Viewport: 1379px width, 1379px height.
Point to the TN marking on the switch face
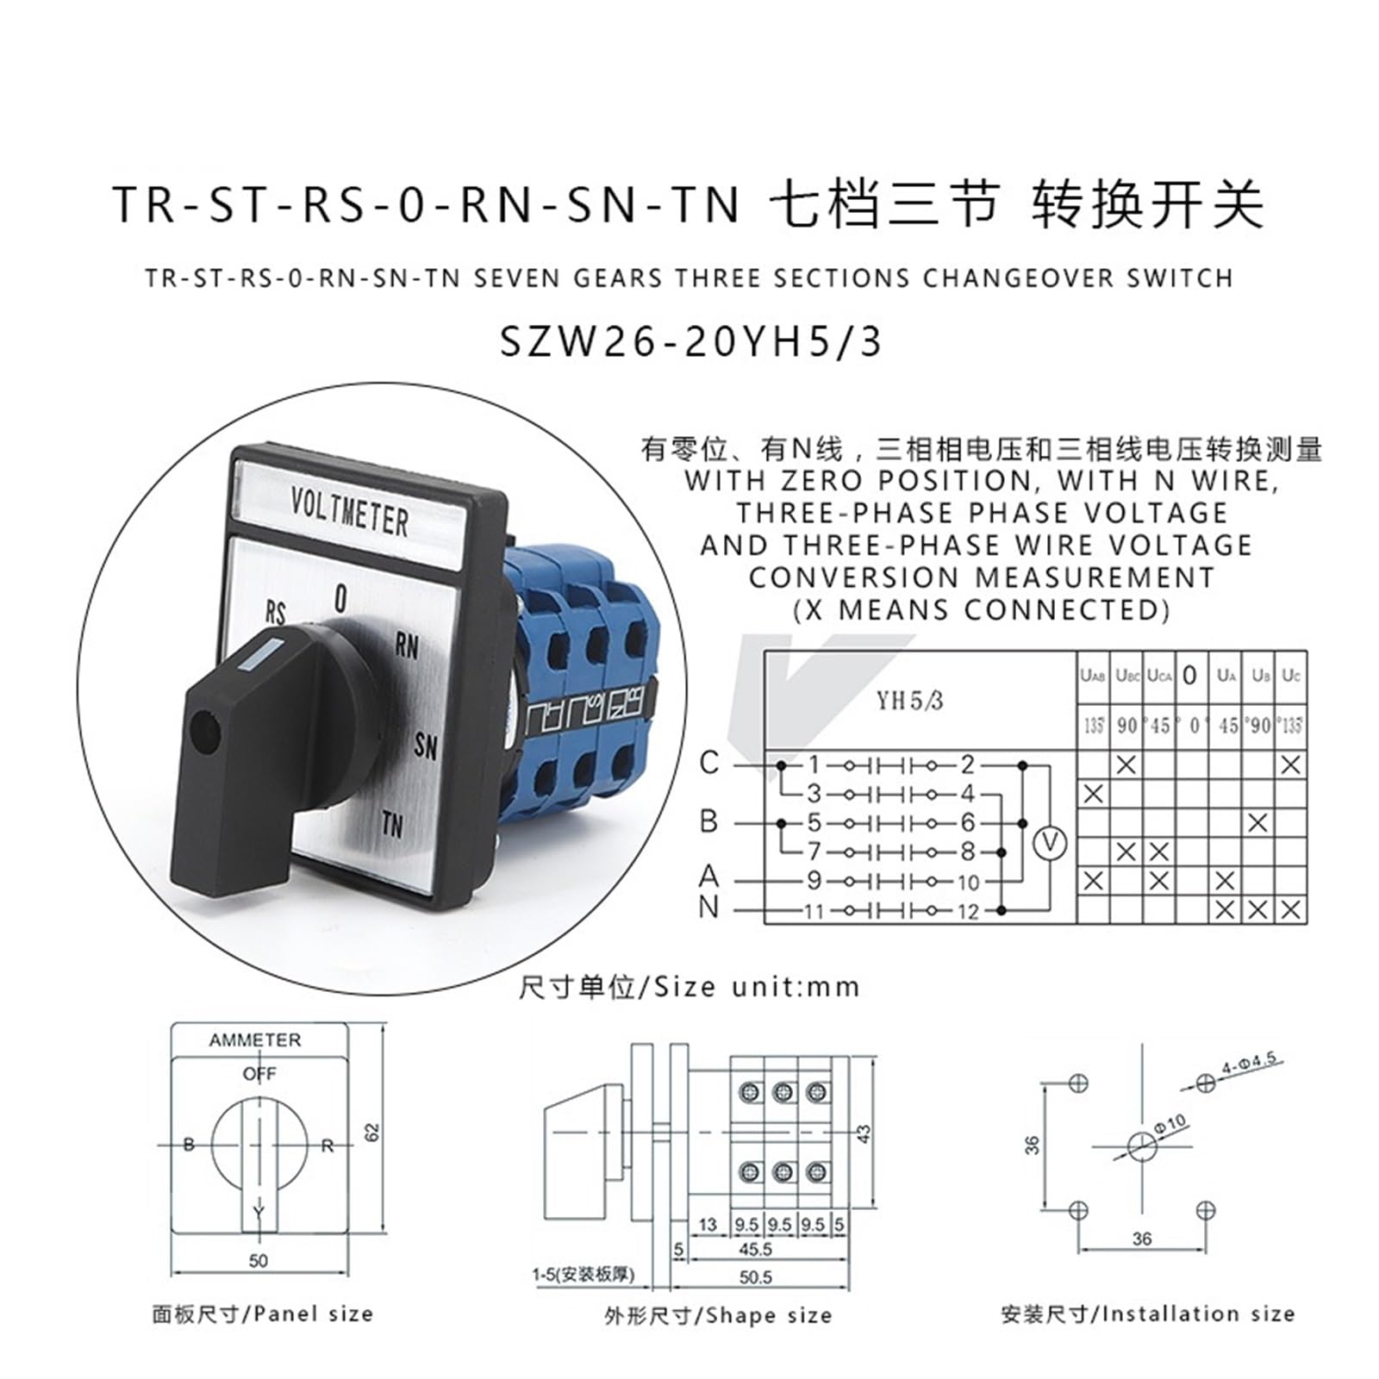[x=392, y=825]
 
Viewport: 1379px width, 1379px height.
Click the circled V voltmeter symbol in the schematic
[x=1050, y=843]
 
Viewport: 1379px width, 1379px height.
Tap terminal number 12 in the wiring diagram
[x=968, y=910]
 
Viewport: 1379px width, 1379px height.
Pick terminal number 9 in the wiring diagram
[x=814, y=881]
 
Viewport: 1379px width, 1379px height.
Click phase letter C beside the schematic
[x=708, y=763]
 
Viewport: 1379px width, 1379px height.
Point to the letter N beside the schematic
[x=708, y=907]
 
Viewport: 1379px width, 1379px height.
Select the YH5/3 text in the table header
[x=910, y=701]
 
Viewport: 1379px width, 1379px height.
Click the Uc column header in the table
[x=1290, y=676]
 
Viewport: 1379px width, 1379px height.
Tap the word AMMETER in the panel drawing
[x=255, y=1040]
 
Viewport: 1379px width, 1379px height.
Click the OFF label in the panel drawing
[x=259, y=1074]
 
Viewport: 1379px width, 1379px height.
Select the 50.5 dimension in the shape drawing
[x=755, y=1276]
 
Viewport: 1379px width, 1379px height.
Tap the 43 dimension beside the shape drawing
[x=865, y=1133]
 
